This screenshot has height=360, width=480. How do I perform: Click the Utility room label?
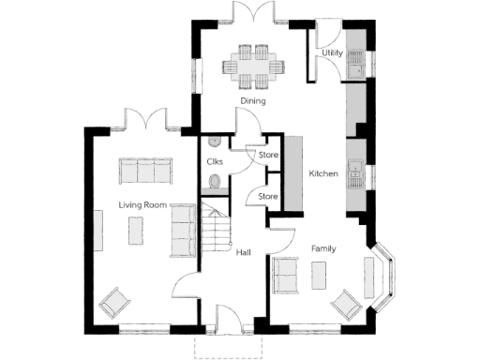tap(331, 53)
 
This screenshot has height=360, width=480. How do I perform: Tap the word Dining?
tap(253, 101)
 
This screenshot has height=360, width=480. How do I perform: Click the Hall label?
tap(243, 252)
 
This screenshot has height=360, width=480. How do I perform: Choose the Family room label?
tap(324, 248)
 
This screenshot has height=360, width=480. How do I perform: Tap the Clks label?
tap(214, 161)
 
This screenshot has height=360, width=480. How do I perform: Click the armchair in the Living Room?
tap(116, 303)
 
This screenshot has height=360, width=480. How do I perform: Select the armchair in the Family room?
tap(345, 302)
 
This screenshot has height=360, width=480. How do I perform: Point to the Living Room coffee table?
tap(137, 231)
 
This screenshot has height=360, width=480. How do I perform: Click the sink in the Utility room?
tap(355, 65)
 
